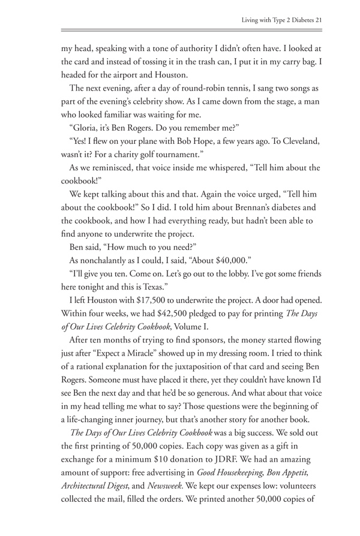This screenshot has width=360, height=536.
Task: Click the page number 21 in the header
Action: (319, 20)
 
